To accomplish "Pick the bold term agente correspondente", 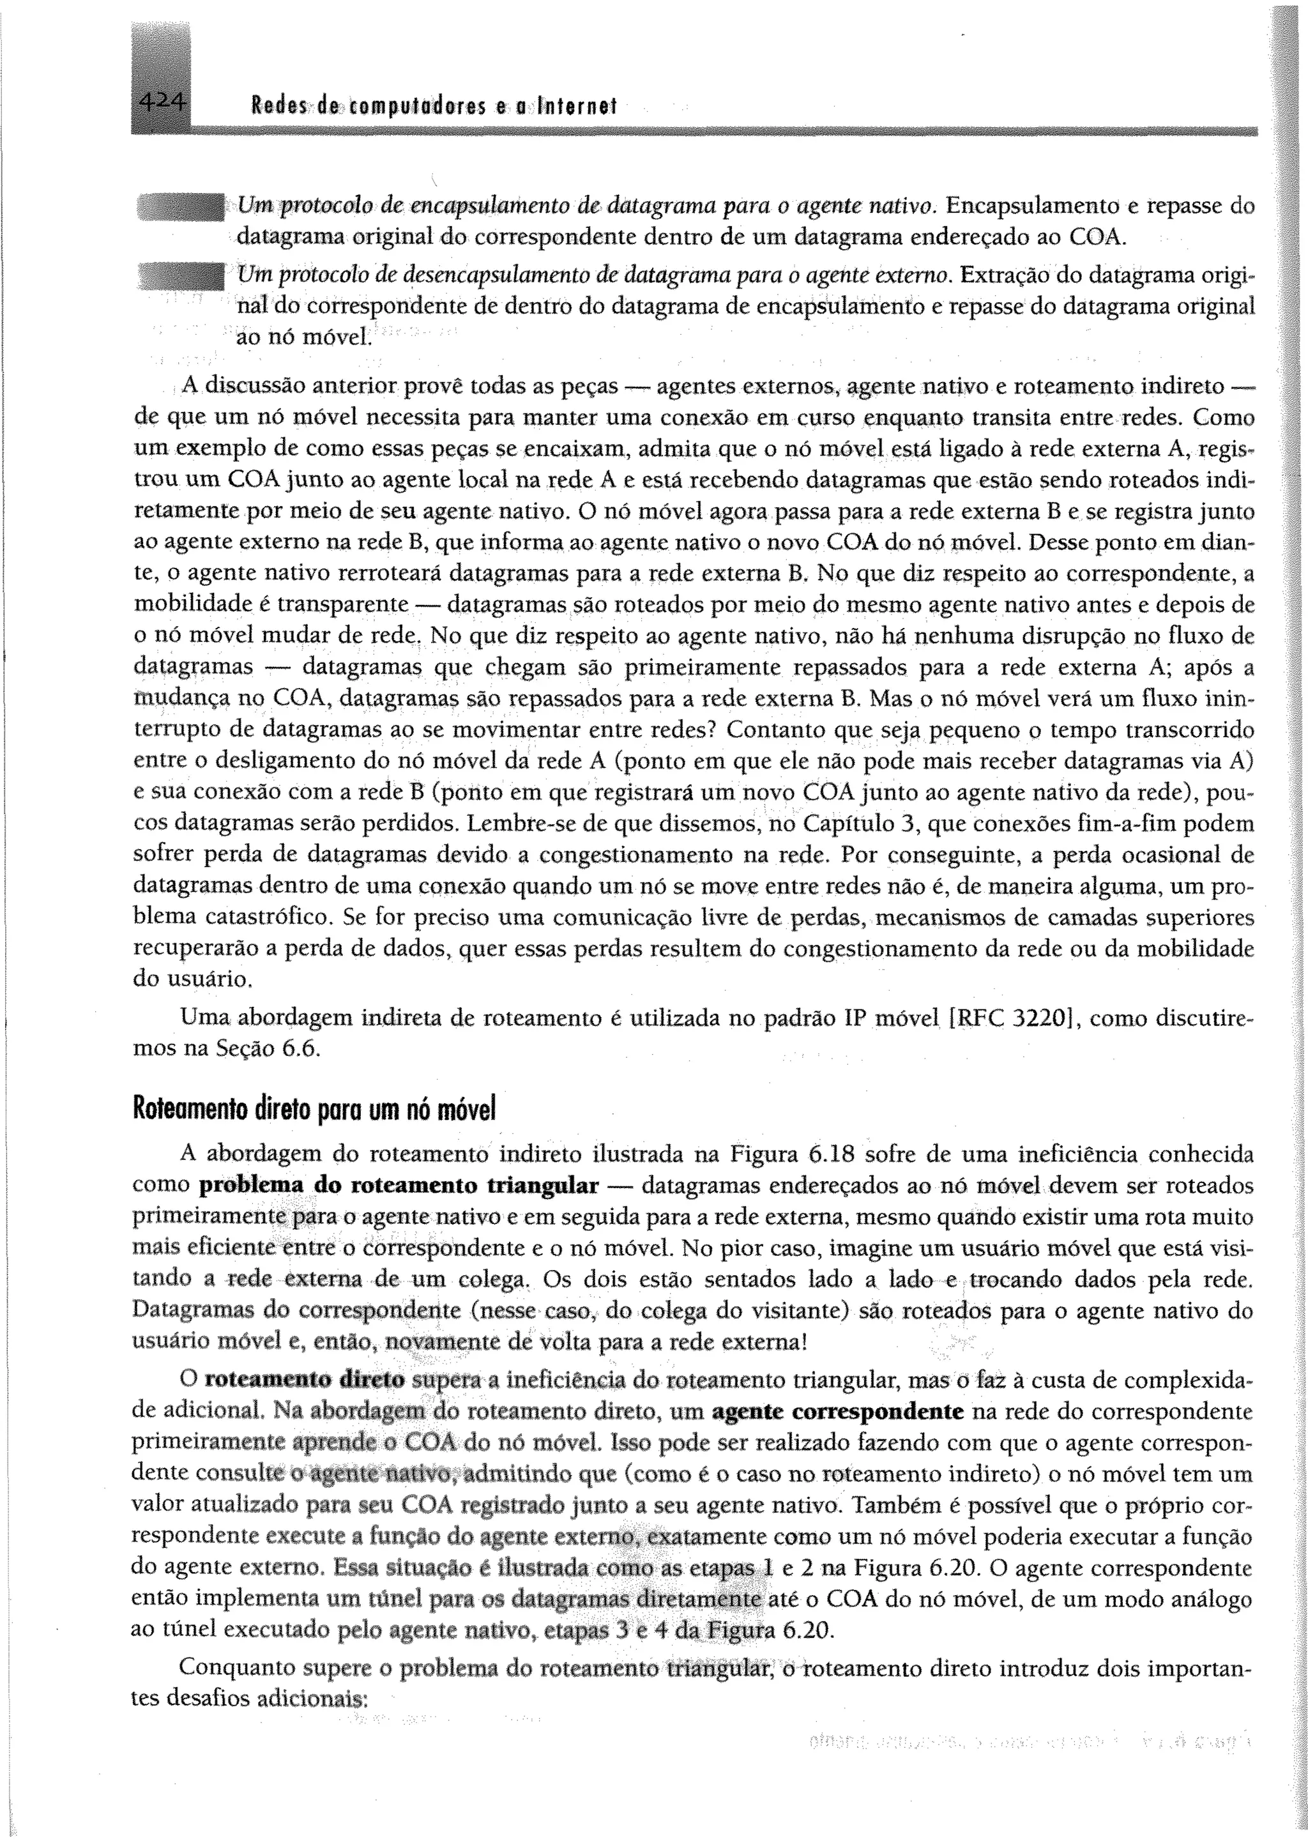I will point(839,1411).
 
